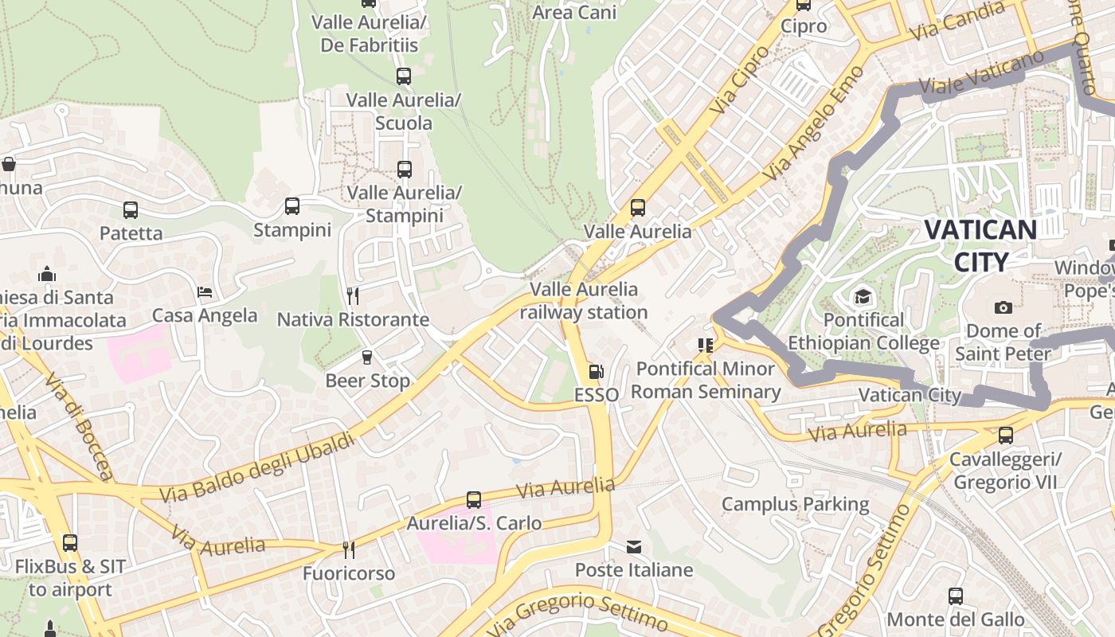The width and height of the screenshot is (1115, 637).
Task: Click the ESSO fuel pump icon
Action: tap(595, 372)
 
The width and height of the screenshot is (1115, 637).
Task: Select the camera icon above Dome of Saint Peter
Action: tap(1003, 307)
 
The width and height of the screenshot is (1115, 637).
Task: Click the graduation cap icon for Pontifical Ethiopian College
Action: tap(863, 298)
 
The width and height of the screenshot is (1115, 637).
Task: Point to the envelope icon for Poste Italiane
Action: tap(634, 547)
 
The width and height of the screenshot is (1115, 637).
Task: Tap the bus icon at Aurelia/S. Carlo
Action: tap(474, 500)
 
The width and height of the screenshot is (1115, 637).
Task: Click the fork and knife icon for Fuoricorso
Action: tap(348, 549)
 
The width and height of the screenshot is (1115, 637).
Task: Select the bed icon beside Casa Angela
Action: tap(205, 292)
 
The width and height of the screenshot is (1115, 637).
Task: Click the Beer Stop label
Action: tap(367, 381)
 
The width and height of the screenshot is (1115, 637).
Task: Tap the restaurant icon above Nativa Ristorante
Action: tap(353, 296)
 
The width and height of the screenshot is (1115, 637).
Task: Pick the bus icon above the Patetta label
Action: tap(131, 210)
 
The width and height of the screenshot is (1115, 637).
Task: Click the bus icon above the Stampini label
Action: tap(292, 206)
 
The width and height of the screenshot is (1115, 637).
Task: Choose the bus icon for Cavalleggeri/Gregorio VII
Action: tap(1006, 436)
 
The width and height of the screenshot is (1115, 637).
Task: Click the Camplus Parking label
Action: tap(795, 504)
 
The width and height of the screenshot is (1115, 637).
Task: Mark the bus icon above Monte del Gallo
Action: tap(955, 596)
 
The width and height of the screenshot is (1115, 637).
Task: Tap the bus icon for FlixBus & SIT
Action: tap(70, 543)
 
